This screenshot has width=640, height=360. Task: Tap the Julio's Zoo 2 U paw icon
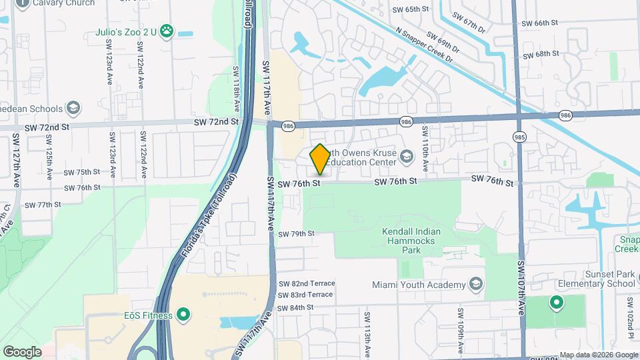(167, 31)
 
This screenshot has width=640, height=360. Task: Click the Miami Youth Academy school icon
(475, 285)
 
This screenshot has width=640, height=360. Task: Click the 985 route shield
(519, 137)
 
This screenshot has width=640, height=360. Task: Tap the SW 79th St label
(296, 234)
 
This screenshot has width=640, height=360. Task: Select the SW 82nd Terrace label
(306, 283)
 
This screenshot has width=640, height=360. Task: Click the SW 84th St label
(295, 307)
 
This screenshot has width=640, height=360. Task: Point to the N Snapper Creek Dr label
(424, 45)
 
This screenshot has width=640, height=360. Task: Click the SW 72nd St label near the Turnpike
(216, 122)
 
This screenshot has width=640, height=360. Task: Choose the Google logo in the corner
(22, 351)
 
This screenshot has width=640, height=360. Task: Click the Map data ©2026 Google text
(599, 355)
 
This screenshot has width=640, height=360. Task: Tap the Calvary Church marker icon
(22, 3)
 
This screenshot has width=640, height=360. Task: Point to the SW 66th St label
(539, 23)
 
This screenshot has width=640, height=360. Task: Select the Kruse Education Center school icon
(406, 157)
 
